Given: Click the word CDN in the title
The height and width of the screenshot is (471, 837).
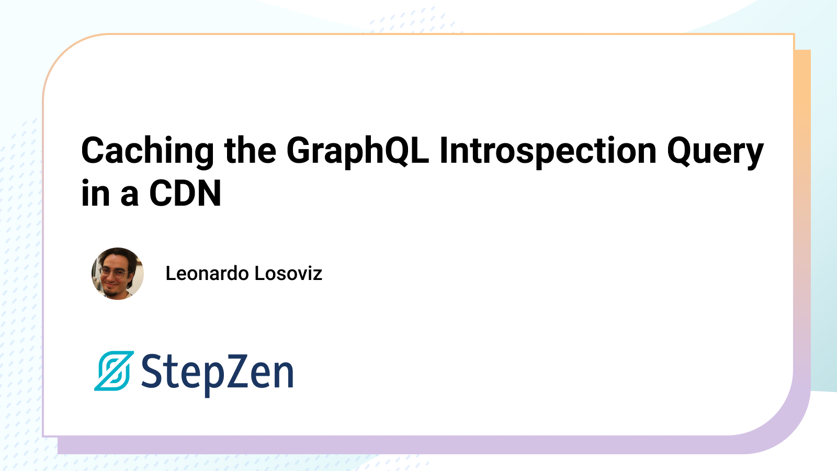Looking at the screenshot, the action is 185,193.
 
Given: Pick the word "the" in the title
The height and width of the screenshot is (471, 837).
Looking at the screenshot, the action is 250,150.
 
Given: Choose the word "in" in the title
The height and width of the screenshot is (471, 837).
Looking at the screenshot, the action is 95,193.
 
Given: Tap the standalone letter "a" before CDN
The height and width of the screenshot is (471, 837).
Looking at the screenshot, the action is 129,196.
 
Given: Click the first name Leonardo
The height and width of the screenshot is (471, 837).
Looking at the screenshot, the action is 207,273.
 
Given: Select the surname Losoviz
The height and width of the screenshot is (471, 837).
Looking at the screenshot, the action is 288,273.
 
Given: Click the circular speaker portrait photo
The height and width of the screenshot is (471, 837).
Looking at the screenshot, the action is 118,274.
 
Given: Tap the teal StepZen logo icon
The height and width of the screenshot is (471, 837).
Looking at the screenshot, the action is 114,371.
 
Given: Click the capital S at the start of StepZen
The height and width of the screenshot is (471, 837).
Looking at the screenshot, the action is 152,371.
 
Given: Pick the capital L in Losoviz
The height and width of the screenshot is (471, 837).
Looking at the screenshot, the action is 260,273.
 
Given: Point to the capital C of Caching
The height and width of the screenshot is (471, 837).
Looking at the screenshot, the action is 94,150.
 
